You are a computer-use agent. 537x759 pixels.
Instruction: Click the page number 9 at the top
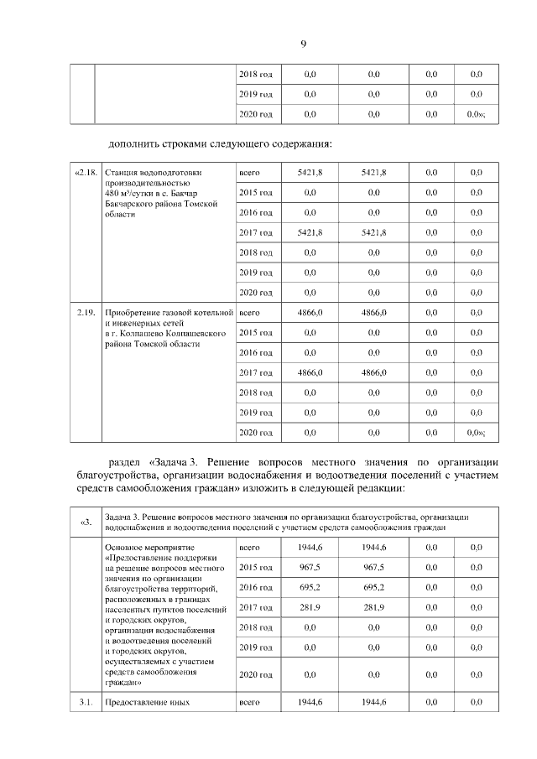pyautogui.click(x=303, y=43)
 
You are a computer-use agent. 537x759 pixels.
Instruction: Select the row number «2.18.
pyautogui.click(x=86, y=173)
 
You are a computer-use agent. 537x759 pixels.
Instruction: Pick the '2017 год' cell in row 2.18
pyautogui.click(x=255, y=232)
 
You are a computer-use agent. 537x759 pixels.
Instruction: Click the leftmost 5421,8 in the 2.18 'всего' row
pyautogui.click(x=310, y=173)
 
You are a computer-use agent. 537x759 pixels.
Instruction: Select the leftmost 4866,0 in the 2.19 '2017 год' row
pyautogui.click(x=310, y=372)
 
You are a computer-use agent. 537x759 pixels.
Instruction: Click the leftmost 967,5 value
pyautogui.click(x=310, y=568)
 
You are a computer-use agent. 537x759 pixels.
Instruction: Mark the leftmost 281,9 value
pyautogui.click(x=310, y=608)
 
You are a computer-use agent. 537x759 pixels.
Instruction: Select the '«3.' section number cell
pyautogui.click(x=85, y=522)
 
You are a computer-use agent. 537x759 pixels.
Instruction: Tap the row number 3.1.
pyautogui.click(x=85, y=703)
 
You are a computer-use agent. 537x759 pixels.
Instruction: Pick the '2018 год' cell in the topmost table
pyautogui.click(x=255, y=74)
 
